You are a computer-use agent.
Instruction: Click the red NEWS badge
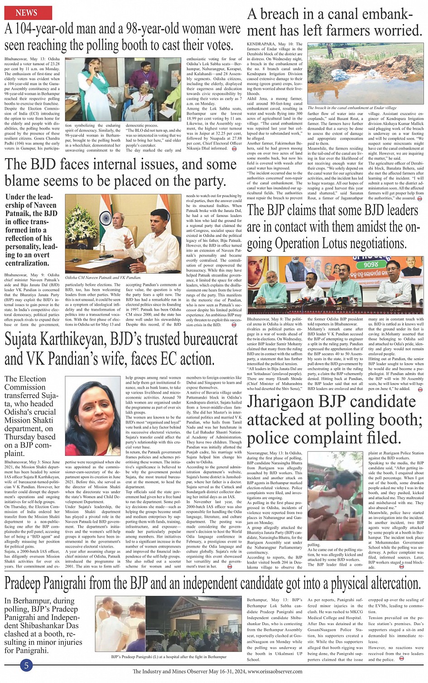coord(26,12)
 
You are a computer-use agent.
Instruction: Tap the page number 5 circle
coord(26,665)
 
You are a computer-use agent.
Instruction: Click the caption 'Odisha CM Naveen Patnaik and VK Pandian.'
coord(103,277)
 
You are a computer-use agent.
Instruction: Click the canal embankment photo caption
coord(352,108)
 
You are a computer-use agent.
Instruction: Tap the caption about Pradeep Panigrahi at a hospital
coord(168,656)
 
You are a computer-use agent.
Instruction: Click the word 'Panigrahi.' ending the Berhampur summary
coord(32,650)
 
